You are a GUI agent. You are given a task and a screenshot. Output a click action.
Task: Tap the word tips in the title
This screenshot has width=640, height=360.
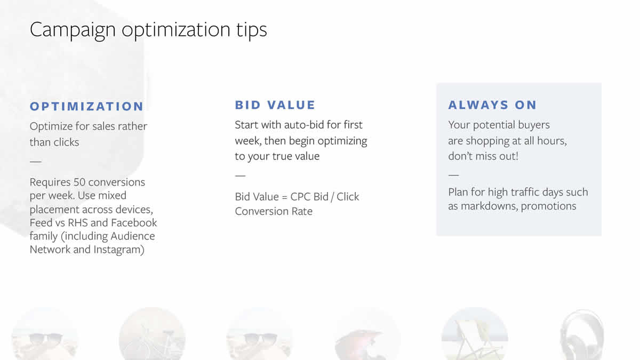pos(251,30)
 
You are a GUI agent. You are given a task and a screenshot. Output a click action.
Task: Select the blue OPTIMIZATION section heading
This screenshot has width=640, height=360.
pos(86,106)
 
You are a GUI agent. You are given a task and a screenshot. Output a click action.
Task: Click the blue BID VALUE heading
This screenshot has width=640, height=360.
pos(275,105)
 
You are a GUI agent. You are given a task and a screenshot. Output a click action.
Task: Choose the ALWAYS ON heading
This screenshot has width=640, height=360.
pos(492,105)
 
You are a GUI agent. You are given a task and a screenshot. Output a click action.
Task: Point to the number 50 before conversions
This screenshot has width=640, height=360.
pos(81,182)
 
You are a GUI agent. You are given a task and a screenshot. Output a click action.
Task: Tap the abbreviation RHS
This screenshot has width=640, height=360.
pos(77,222)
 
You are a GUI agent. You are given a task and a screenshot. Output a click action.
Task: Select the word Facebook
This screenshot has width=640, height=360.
pos(134,222)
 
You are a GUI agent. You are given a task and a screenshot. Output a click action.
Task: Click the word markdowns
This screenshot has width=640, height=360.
pos(489,206)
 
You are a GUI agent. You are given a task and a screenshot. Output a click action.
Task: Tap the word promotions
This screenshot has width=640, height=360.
pos(549,206)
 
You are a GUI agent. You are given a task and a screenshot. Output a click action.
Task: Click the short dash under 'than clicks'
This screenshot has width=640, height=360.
pos(36,162)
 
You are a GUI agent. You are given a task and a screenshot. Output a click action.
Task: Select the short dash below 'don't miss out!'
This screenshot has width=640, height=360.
pos(454,175)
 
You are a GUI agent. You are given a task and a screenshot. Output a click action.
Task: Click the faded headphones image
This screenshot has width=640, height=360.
pos(582,335)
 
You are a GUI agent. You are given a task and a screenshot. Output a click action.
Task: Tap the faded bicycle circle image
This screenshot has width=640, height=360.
pos(152,334)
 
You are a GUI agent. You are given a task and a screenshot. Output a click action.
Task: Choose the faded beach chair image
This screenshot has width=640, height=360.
pos(475,334)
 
